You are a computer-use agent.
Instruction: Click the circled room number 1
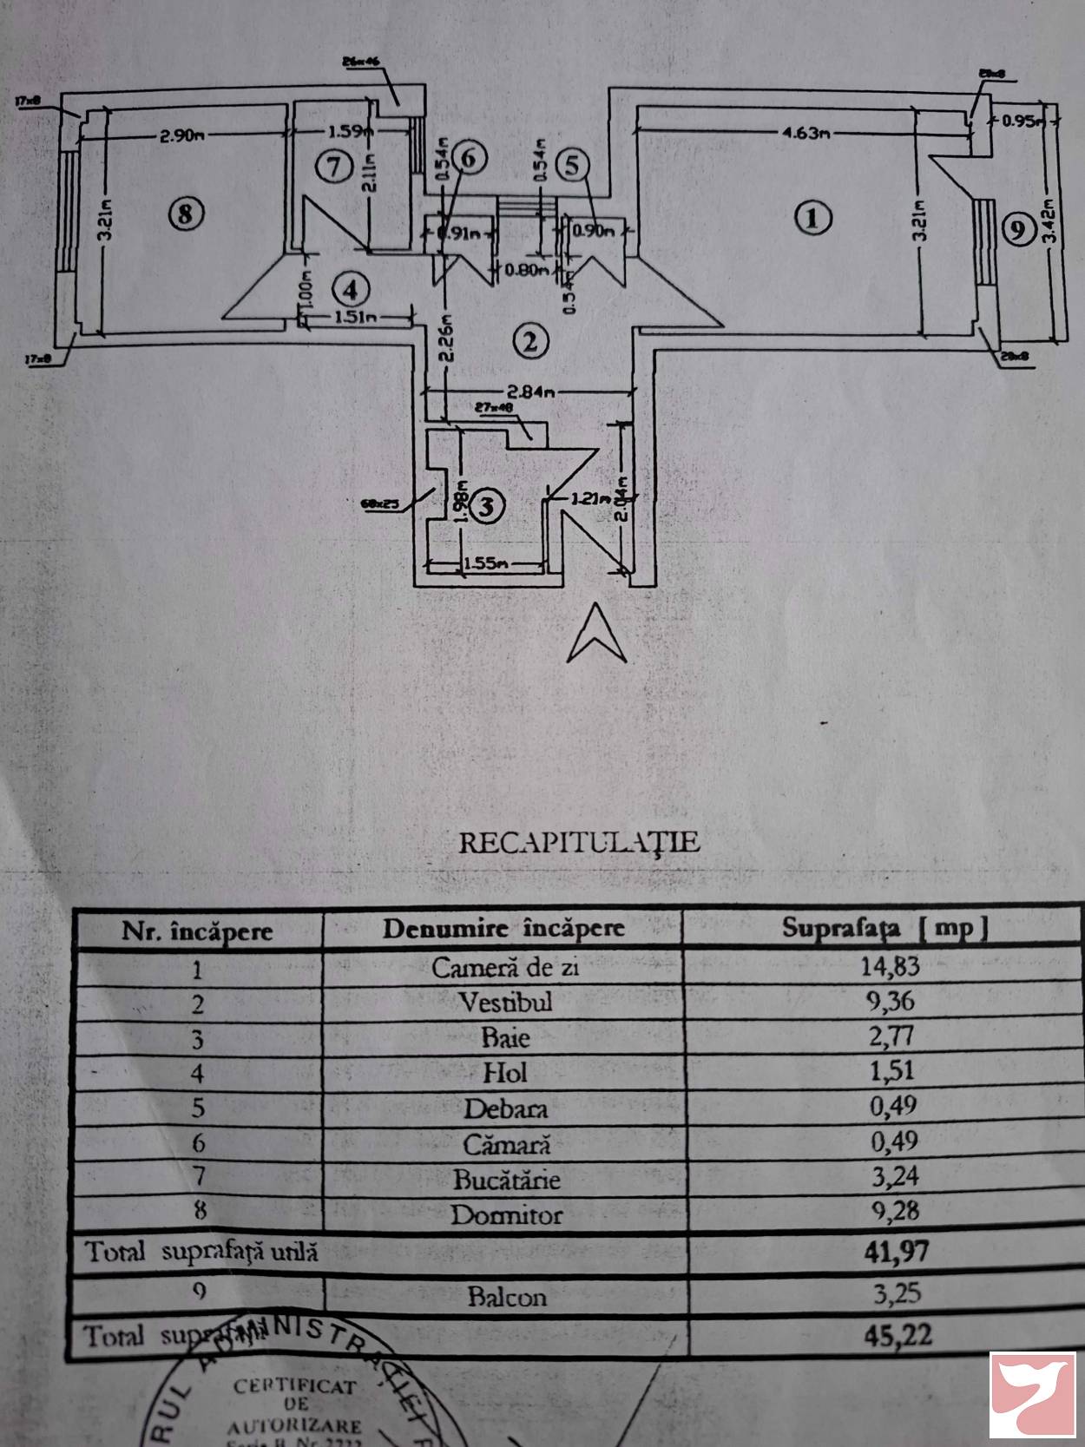pyautogui.click(x=812, y=217)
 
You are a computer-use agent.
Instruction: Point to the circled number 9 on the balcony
pyautogui.click(x=1017, y=230)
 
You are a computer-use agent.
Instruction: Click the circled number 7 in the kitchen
pyautogui.click(x=333, y=165)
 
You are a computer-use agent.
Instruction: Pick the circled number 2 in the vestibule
pyautogui.click(x=530, y=341)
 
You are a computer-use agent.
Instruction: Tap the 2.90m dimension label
pyautogui.click(x=181, y=135)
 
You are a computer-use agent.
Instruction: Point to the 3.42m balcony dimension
pyautogui.click(x=1047, y=227)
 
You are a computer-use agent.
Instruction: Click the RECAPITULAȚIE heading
pyautogui.click(x=579, y=842)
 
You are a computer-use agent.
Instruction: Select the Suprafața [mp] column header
pyautogui.click(x=884, y=928)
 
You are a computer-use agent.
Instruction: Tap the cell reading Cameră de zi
pyautogui.click(x=505, y=967)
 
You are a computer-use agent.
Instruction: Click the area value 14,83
pyautogui.click(x=890, y=966)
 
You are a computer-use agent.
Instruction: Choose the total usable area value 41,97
pyautogui.click(x=897, y=1251)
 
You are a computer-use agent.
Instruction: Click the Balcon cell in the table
pyautogui.click(x=507, y=1297)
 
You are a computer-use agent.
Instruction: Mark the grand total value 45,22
pyautogui.click(x=898, y=1335)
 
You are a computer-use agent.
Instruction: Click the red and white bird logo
pyautogui.click(x=1032, y=1395)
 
